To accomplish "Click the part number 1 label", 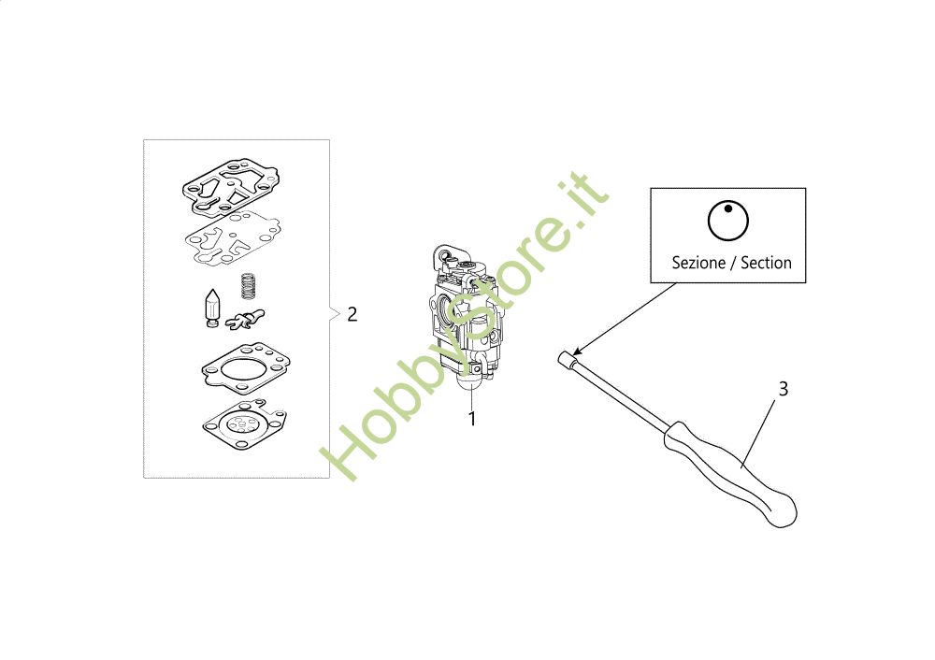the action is tap(472, 419).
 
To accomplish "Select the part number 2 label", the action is tap(352, 314).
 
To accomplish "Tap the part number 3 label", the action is tap(784, 389).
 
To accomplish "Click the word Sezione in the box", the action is tap(698, 263).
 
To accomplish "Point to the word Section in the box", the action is tap(767, 263).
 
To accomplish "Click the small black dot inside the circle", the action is tap(728, 208).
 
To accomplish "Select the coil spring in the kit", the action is tap(248, 285).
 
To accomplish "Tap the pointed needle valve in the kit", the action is tap(212, 308).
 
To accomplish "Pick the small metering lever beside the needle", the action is tap(244, 320).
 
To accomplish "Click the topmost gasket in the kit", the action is tap(230, 187).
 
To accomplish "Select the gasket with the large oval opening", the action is tap(246, 368).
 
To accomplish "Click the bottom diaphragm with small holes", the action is tap(244, 424).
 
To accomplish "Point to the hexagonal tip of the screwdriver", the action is tap(567, 359).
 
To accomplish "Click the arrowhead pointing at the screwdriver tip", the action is tap(576, 352).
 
